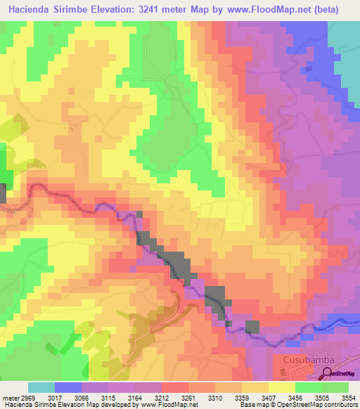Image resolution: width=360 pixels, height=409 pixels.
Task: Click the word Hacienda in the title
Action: click(x=31, y=10)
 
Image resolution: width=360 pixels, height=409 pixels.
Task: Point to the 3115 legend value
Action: click(x=108, y=398)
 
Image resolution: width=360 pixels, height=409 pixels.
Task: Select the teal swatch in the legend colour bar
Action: click(x=41, y=387)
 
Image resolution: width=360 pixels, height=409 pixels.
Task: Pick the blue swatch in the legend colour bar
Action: click(x=68, y=387)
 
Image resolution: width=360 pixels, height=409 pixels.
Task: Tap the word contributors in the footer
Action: click(x=342, y=405)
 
